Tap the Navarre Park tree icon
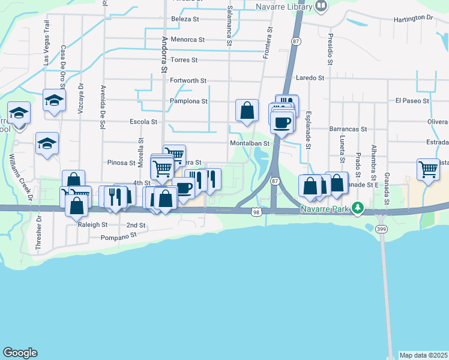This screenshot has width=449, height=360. tap(358, 208)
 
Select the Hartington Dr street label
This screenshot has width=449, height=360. tap(413, 19)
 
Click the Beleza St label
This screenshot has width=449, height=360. tap(185, 19)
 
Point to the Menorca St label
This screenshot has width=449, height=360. tap(188, 40)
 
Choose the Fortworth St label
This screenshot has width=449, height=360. tap(188, 80)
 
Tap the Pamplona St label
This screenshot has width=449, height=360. tap(188, 101)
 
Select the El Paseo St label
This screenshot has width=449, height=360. tap(412, 101)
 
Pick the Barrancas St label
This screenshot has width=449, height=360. tap(348, 129)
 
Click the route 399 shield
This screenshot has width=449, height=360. tap(381, 229)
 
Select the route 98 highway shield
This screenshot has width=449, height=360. tap(256, 212)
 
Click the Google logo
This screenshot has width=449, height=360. tap(20, 352)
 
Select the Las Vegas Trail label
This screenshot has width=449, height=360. tap(46, 35)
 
